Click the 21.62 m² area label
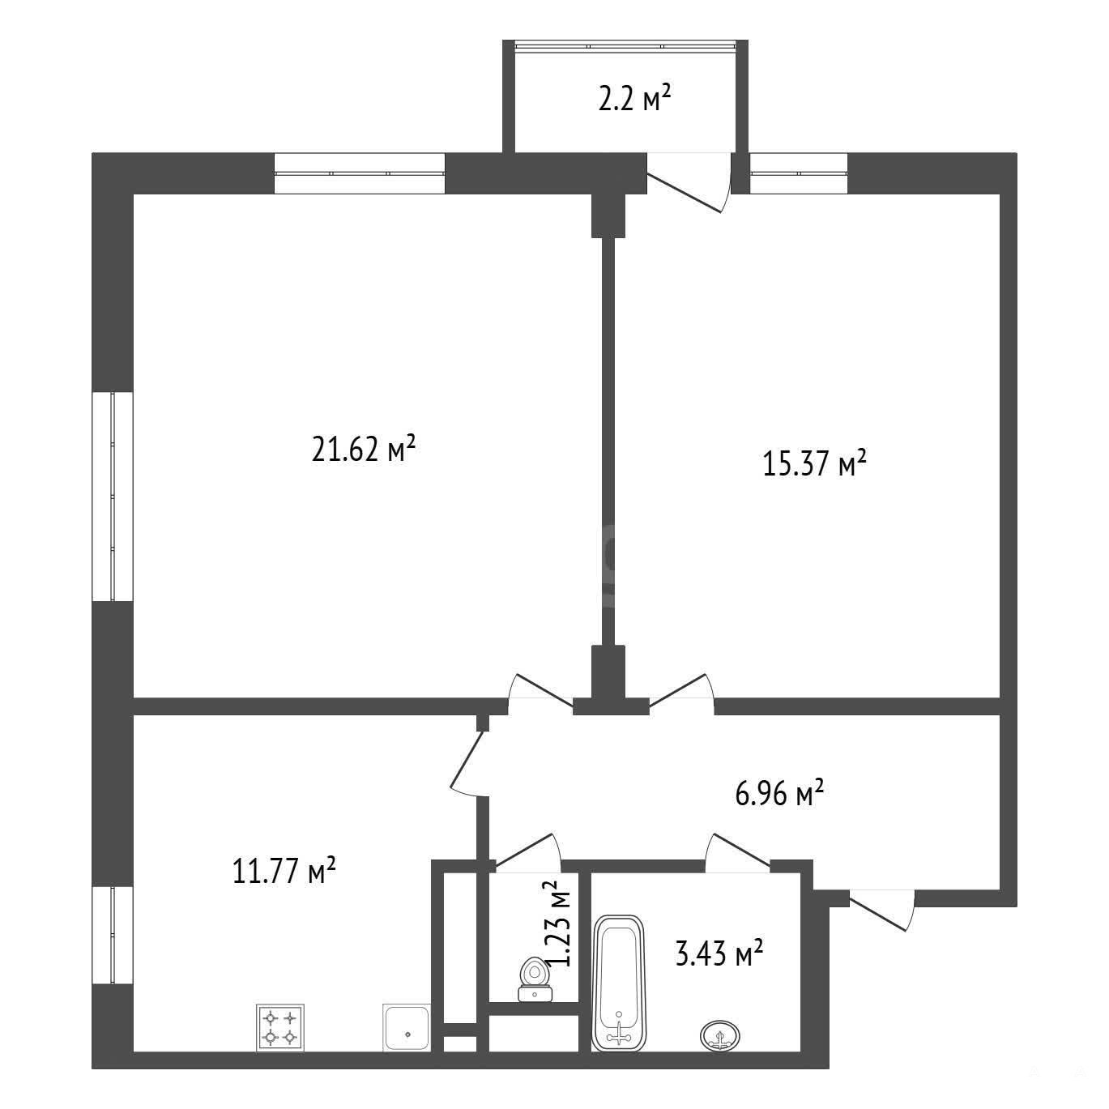coord(363,450)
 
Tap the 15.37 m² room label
coord(814,464)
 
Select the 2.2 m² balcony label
coord(635,99)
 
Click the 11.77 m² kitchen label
coord(284,871)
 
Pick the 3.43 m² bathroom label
coord(719,953)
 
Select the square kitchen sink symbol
coord(407,1029)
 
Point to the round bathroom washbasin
coord(720,1035)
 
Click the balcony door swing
coord(689,181)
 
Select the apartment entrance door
coord(881,910)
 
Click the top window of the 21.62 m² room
coord(360,173)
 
